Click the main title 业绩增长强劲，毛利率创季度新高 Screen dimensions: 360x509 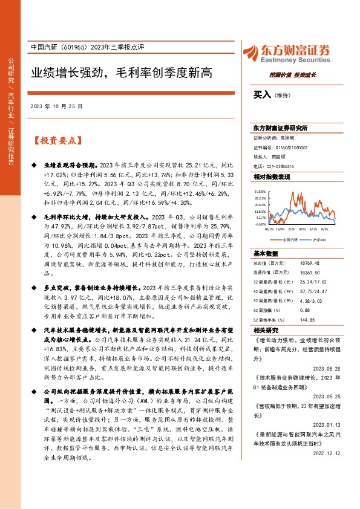[122, 73]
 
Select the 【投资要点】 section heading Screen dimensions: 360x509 [57, 140]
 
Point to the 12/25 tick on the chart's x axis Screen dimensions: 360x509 [280, 230]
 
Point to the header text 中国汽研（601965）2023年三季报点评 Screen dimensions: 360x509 [87, 48]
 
